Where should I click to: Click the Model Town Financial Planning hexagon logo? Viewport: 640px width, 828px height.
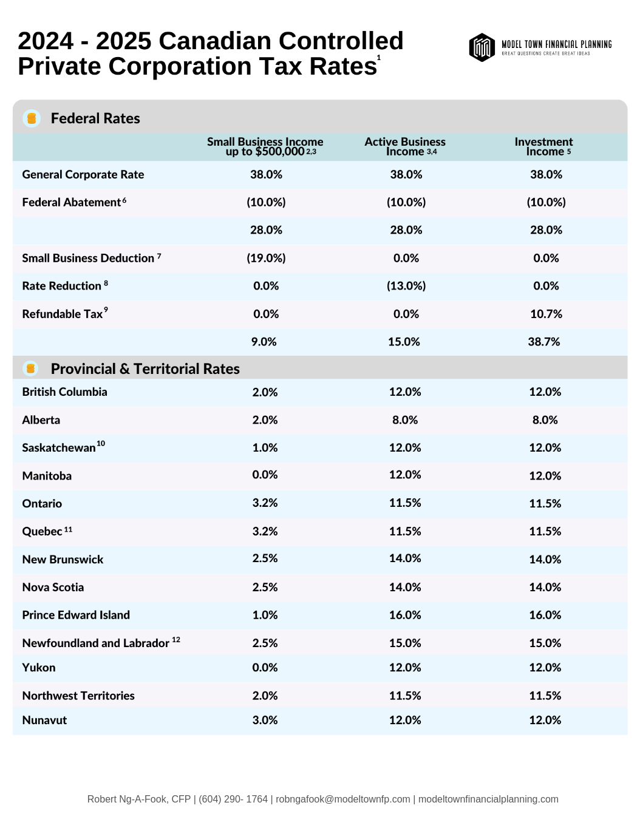tap(482, 47)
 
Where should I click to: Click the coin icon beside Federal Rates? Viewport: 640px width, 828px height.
tap(32, 118)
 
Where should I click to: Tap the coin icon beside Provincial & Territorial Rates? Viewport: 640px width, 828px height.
tap(30, 368)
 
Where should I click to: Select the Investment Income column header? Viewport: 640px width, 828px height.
tap(543, 146)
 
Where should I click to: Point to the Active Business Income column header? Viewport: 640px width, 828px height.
tap(405, 146)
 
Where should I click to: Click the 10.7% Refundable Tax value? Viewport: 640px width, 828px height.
tap(546, 314)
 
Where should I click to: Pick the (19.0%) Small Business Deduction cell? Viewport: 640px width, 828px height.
tap(266, 258)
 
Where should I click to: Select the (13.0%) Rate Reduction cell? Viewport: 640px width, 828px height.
tap(406, 286)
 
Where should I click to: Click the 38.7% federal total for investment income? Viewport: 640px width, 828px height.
tap(544, 342)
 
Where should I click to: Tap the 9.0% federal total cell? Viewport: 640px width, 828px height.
tap(264, 342)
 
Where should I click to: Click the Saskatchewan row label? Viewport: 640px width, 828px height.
tap(59, 448)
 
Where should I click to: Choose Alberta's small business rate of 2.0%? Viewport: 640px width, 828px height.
tap(265, 420)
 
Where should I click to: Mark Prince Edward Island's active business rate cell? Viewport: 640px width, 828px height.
tap(405, 615)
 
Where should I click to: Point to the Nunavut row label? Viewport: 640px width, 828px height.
tap(44, 721)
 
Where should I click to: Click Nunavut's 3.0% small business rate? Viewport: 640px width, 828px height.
tap(265, 721)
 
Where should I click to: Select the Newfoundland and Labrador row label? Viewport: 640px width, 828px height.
tap(96, 643)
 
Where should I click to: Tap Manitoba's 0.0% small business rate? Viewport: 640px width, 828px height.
tap(265, 475)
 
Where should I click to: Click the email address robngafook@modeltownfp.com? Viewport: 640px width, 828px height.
tap(343, 799)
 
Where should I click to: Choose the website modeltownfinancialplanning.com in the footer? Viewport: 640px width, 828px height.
tap(488, 799)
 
